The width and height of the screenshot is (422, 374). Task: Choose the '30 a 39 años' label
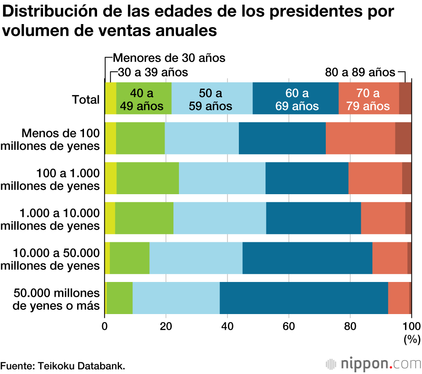pos(152,72)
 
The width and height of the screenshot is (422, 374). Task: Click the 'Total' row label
pos(86,100)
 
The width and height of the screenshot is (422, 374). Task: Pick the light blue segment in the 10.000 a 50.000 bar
pos(196,258)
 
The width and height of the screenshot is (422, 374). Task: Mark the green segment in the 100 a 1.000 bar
pos(148,178)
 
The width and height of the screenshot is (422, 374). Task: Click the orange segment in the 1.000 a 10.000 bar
pos(383,218)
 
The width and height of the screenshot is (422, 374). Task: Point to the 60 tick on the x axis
pos(289,325)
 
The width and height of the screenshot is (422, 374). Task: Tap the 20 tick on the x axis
pos(166,325)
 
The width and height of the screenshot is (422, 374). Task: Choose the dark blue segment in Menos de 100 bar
pos(282,138)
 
